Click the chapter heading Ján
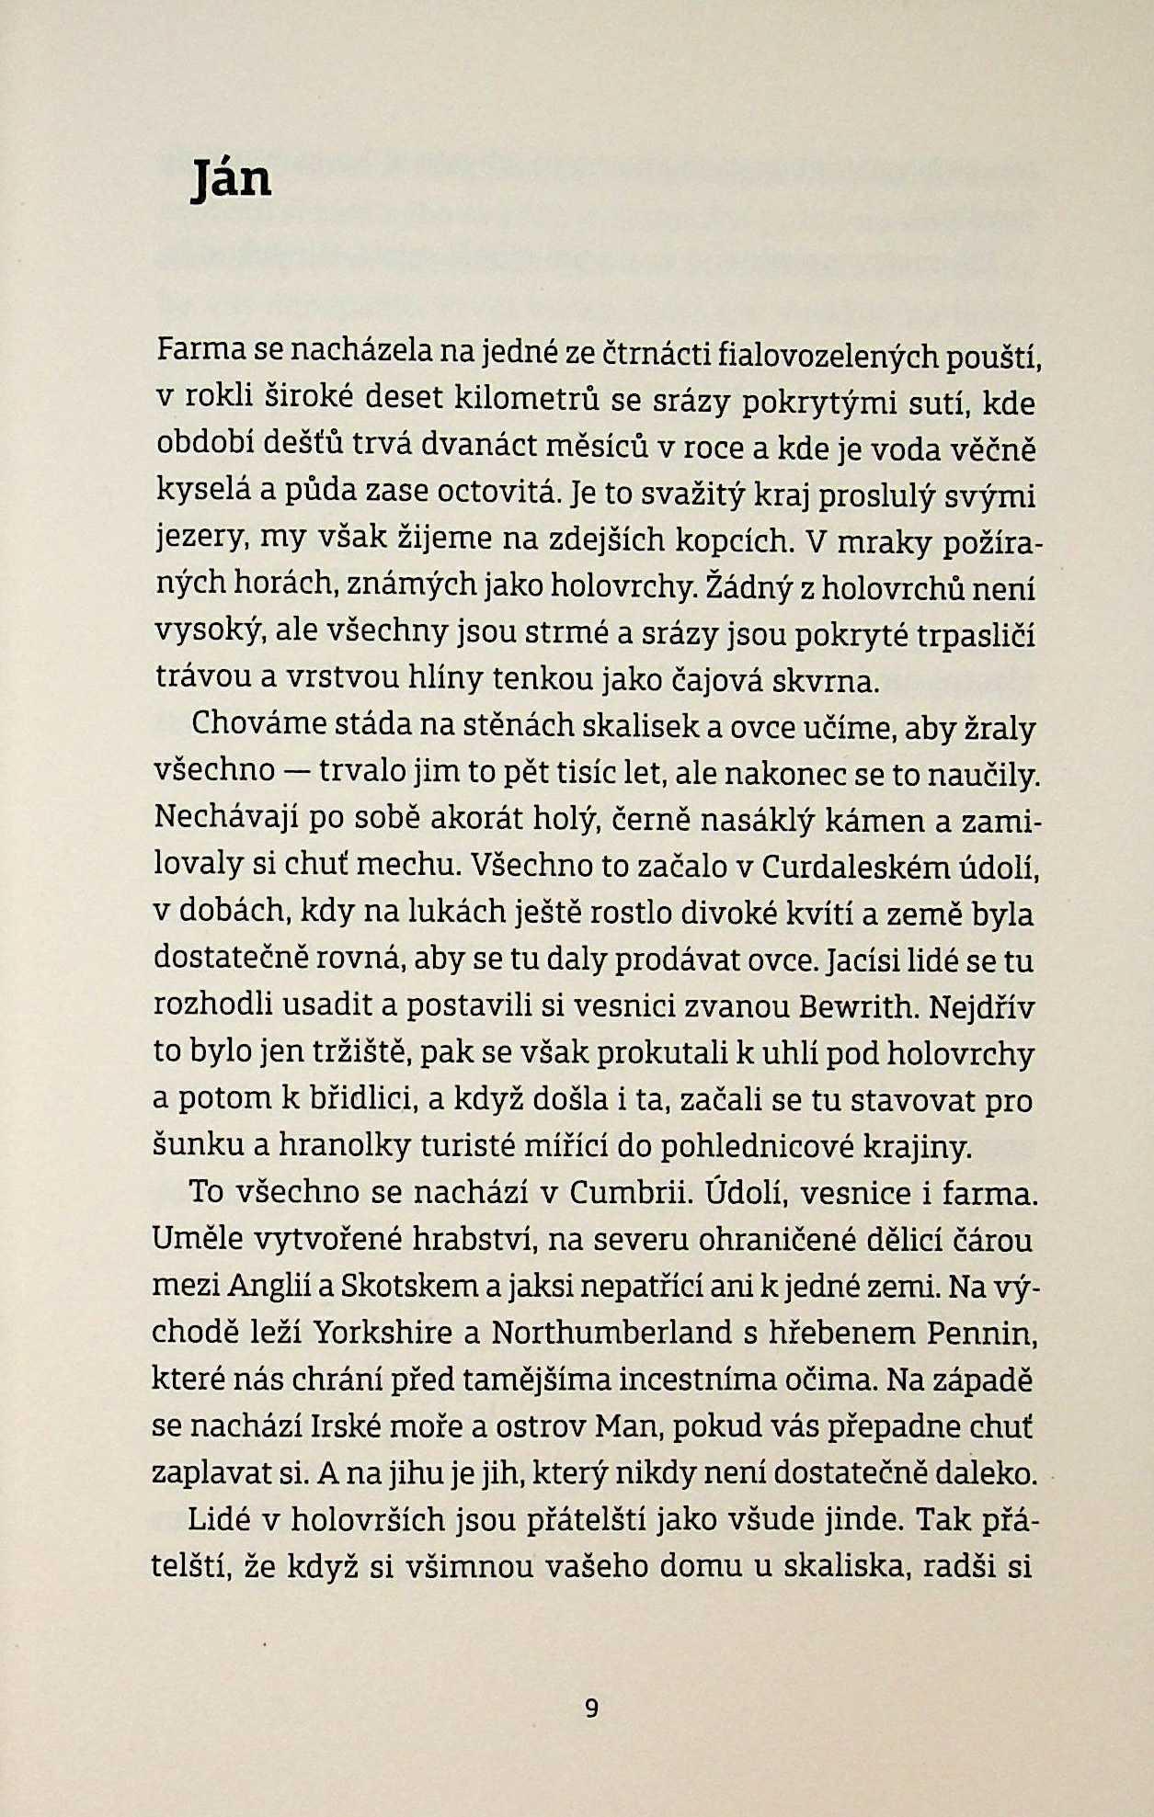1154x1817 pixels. click(x=232, y=178)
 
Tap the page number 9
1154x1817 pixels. click(x=591, y=1709)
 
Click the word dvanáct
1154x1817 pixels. click(x=477, y=448)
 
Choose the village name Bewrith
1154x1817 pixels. click(x=859, y=1006)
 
